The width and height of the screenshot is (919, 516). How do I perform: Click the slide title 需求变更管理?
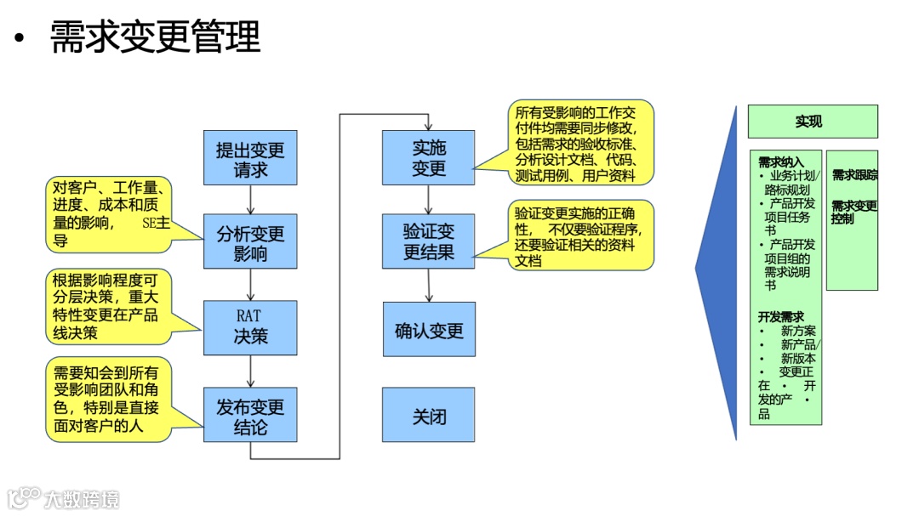point(155,37)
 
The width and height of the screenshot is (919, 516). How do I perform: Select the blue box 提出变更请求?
point(250,158)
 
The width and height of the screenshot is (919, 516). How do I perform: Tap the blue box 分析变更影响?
point(250,242)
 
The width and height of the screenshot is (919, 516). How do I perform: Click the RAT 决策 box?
point(250,327)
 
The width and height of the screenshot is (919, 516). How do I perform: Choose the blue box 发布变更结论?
point(250,415)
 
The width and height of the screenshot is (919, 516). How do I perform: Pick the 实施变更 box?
point(429,158)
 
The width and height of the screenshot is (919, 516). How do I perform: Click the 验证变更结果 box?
point(429,241)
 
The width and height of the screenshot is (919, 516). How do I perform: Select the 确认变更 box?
point(429,329)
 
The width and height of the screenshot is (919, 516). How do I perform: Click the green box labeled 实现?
point(812,122)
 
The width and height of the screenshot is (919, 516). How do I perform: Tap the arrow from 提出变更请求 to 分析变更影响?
point(250,199)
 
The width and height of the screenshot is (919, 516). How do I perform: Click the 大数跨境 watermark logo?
point(64,498)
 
